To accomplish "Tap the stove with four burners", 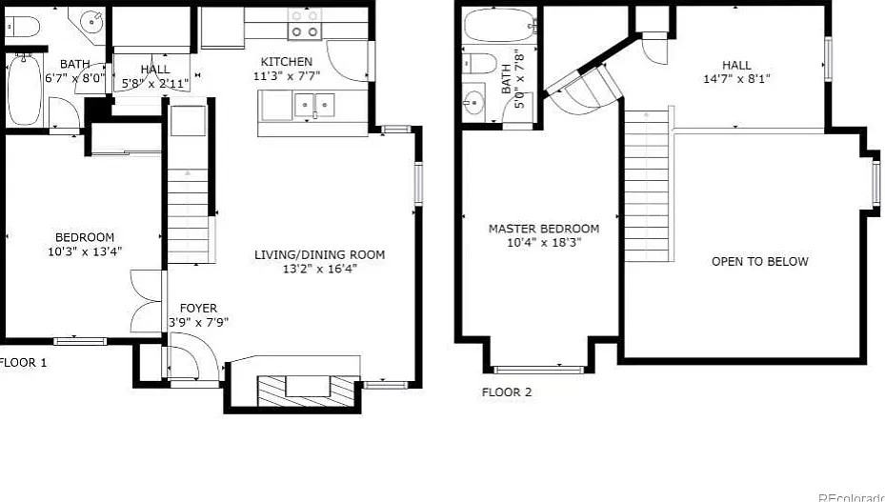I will pyautogui.click(x=305, y=24).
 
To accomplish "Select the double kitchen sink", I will pyautogui.click(x=313, y=105).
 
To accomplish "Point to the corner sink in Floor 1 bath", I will pyautogui.click(x=92, y=20).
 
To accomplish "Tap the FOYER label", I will pyautogui.click(x=198, y=308).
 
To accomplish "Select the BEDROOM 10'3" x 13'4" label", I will pyautogui.click(x=85, y=237).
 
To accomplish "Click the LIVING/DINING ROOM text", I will pyautogui.click(x=319, y=254).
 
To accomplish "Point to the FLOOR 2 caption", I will pyautogui.click(x=507, y=392).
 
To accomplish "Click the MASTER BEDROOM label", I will pyautogui.click(x=544, y=229).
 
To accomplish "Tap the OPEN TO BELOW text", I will pyautogui.click(x=759, y=261).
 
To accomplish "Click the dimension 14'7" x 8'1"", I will pyautogui.click(x=735, y=79).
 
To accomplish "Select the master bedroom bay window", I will pyautogui.click(x=539, y=369).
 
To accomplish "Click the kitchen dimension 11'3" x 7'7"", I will pyautogui.click(x=287, y=75).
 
